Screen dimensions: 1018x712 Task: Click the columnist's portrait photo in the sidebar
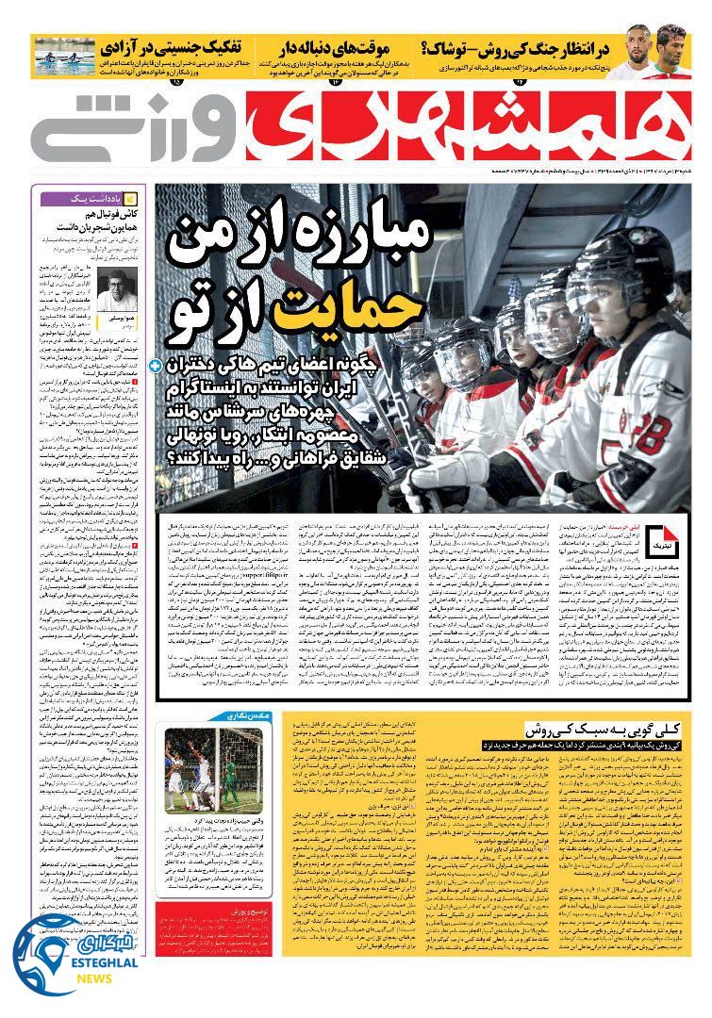(x=117, y=290)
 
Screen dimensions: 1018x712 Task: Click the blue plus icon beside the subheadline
(x=155, y=363)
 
